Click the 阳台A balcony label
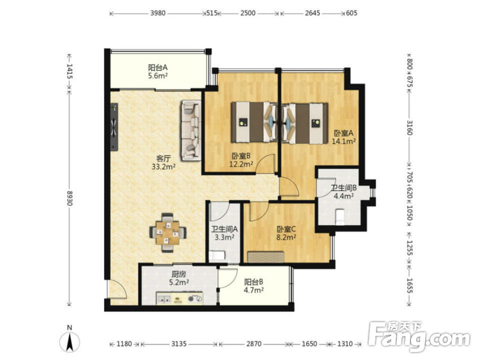point(158,68)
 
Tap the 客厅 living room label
point(163,159)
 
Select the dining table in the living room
point(167,233)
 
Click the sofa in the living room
point(191,131)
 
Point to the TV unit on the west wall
point(114,127)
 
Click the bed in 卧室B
point(254,123)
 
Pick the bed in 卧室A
point(304,123)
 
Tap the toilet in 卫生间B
point(340,216)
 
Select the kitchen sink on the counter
point(165,300)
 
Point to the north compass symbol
point(70,340)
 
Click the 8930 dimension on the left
point(70,198)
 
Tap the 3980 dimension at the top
point(158,13)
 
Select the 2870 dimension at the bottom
point(254,344)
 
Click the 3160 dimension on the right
point(410,128)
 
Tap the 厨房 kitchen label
point(179,274)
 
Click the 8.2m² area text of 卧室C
point(286,237)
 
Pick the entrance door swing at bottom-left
point(116,289)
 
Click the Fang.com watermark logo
point(419,336)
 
